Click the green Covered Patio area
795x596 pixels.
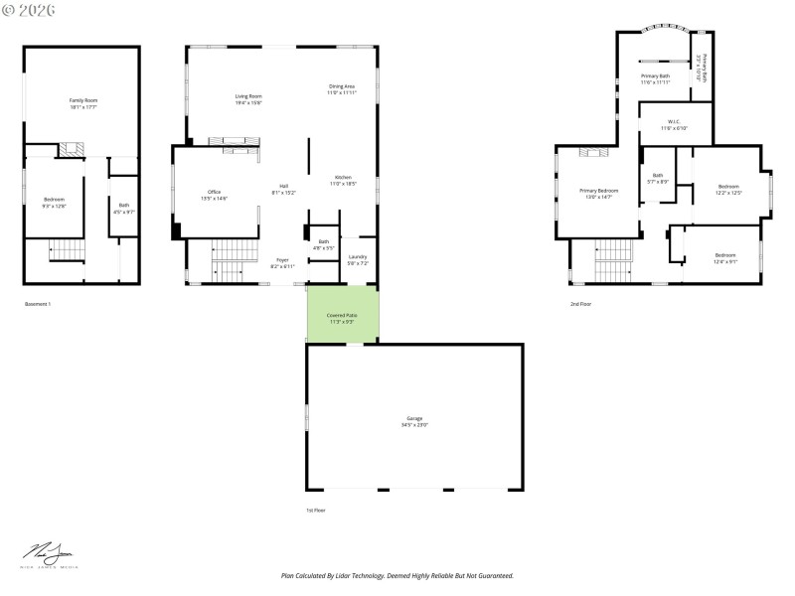342,314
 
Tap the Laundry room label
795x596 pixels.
358,259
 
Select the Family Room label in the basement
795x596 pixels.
83,102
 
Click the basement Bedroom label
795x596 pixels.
54,203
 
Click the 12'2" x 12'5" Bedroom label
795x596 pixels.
728,189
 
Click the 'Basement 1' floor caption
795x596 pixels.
37,303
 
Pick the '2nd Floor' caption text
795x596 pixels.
580,303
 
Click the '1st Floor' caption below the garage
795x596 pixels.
315,510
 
